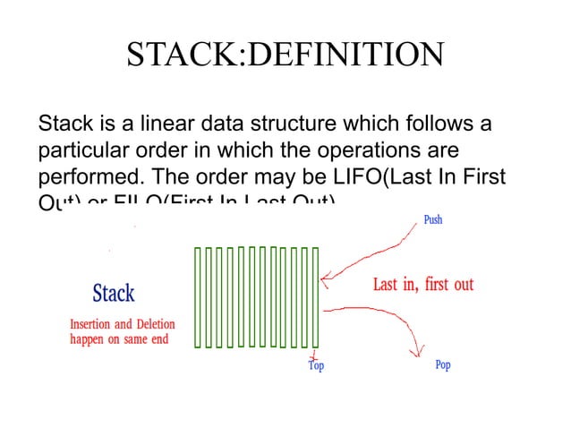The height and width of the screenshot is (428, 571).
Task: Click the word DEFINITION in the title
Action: click(x=344, y=55)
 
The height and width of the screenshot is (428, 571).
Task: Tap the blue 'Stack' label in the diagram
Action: click(x=114, y=293)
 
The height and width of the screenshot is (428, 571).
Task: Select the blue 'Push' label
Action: click(x=432, y=219)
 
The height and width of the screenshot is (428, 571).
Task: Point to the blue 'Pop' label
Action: click(x=442, y=365)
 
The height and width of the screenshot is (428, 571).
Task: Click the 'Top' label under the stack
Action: click(x=315, y=365)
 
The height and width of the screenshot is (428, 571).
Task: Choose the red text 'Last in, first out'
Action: click(x=423, y=285)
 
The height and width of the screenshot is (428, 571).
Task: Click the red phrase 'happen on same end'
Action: click(x=119, y=339)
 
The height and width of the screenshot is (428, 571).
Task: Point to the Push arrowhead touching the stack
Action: click(x=325, y=280)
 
